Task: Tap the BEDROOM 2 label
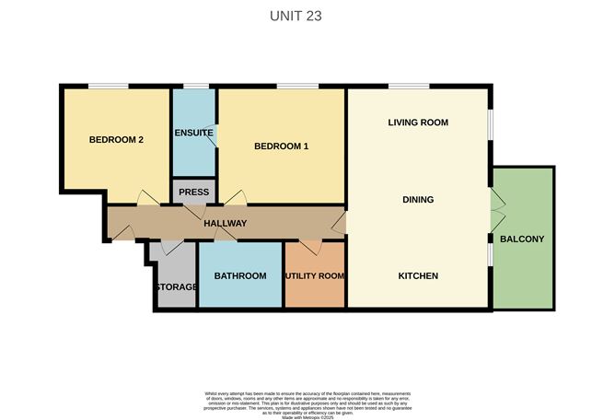(116, 140)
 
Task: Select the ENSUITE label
(193, 133)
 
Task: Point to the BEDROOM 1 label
(281, 146)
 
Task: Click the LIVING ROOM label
(417, 122)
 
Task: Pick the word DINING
(417, 200)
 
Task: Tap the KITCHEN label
(417, 276)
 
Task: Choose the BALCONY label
(522, 239)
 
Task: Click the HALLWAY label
(225, 224)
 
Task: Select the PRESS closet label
(193, 192)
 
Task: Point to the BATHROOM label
(239, 276)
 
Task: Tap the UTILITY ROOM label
(314, 276)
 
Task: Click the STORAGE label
(175, 287)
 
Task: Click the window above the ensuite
(194, 87)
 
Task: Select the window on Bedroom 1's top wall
(297, 87)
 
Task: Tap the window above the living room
(408, 87)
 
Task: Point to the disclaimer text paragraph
(307, 402)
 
